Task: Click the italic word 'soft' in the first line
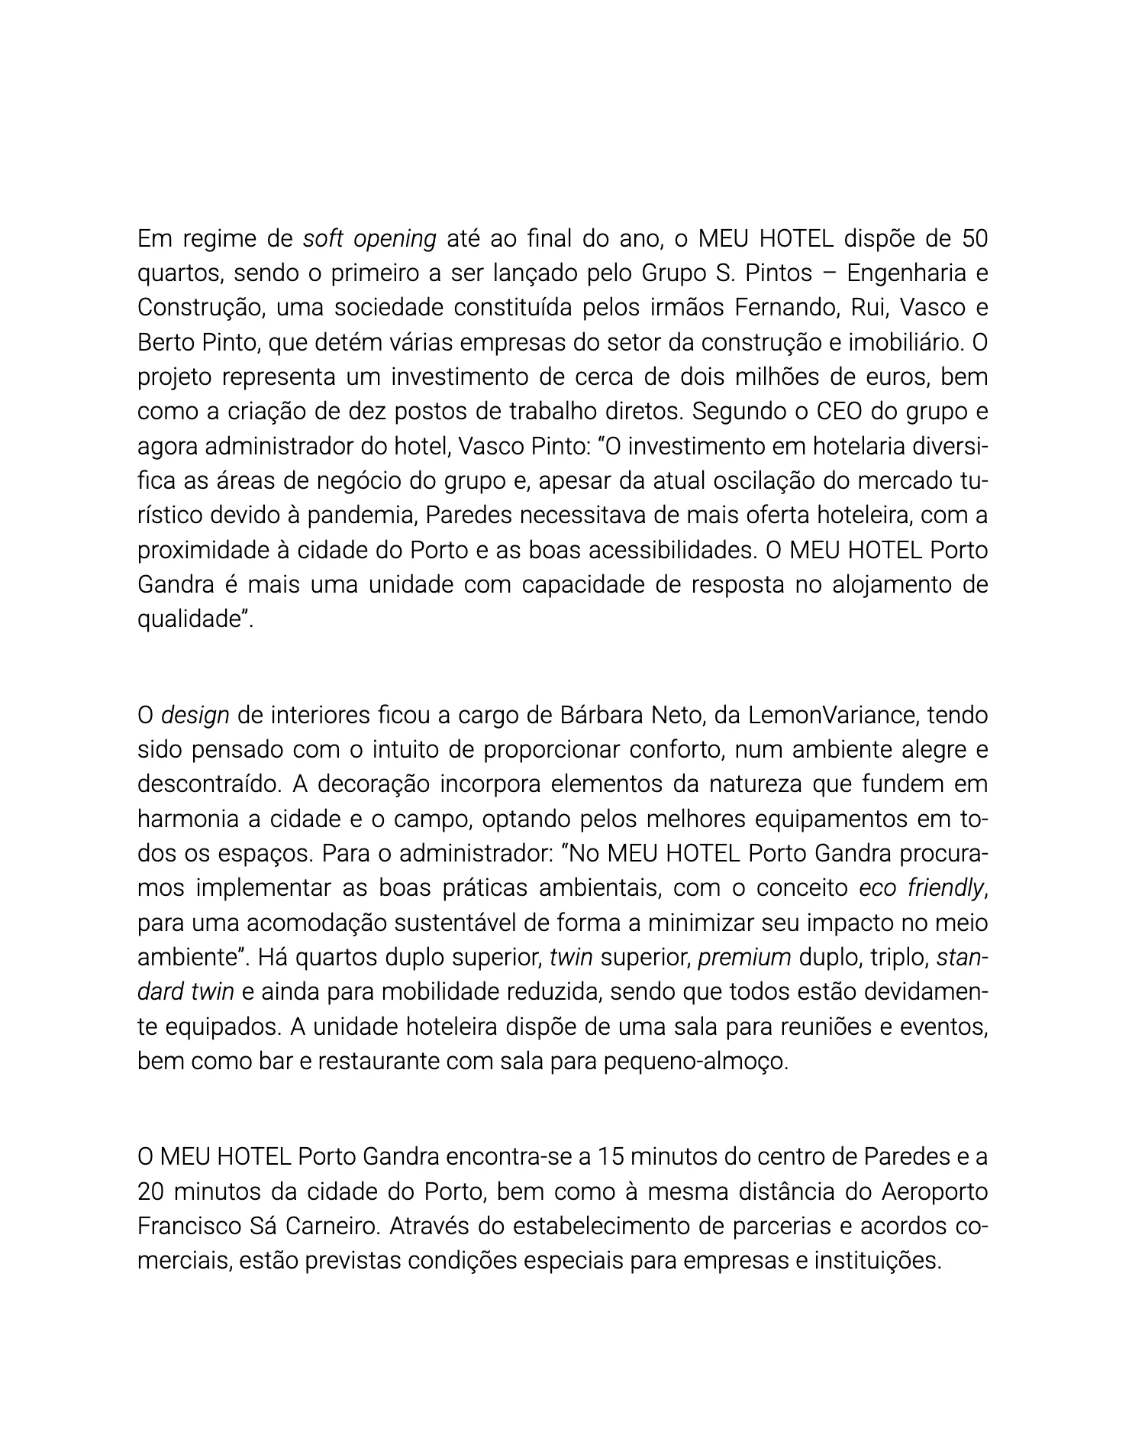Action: [323, 239]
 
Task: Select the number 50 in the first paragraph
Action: [974, 239]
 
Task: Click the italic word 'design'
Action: [195, 716]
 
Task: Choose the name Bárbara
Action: [599, 716]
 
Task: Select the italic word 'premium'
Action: [744, 957]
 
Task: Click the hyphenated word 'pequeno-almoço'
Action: [695, 1061]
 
